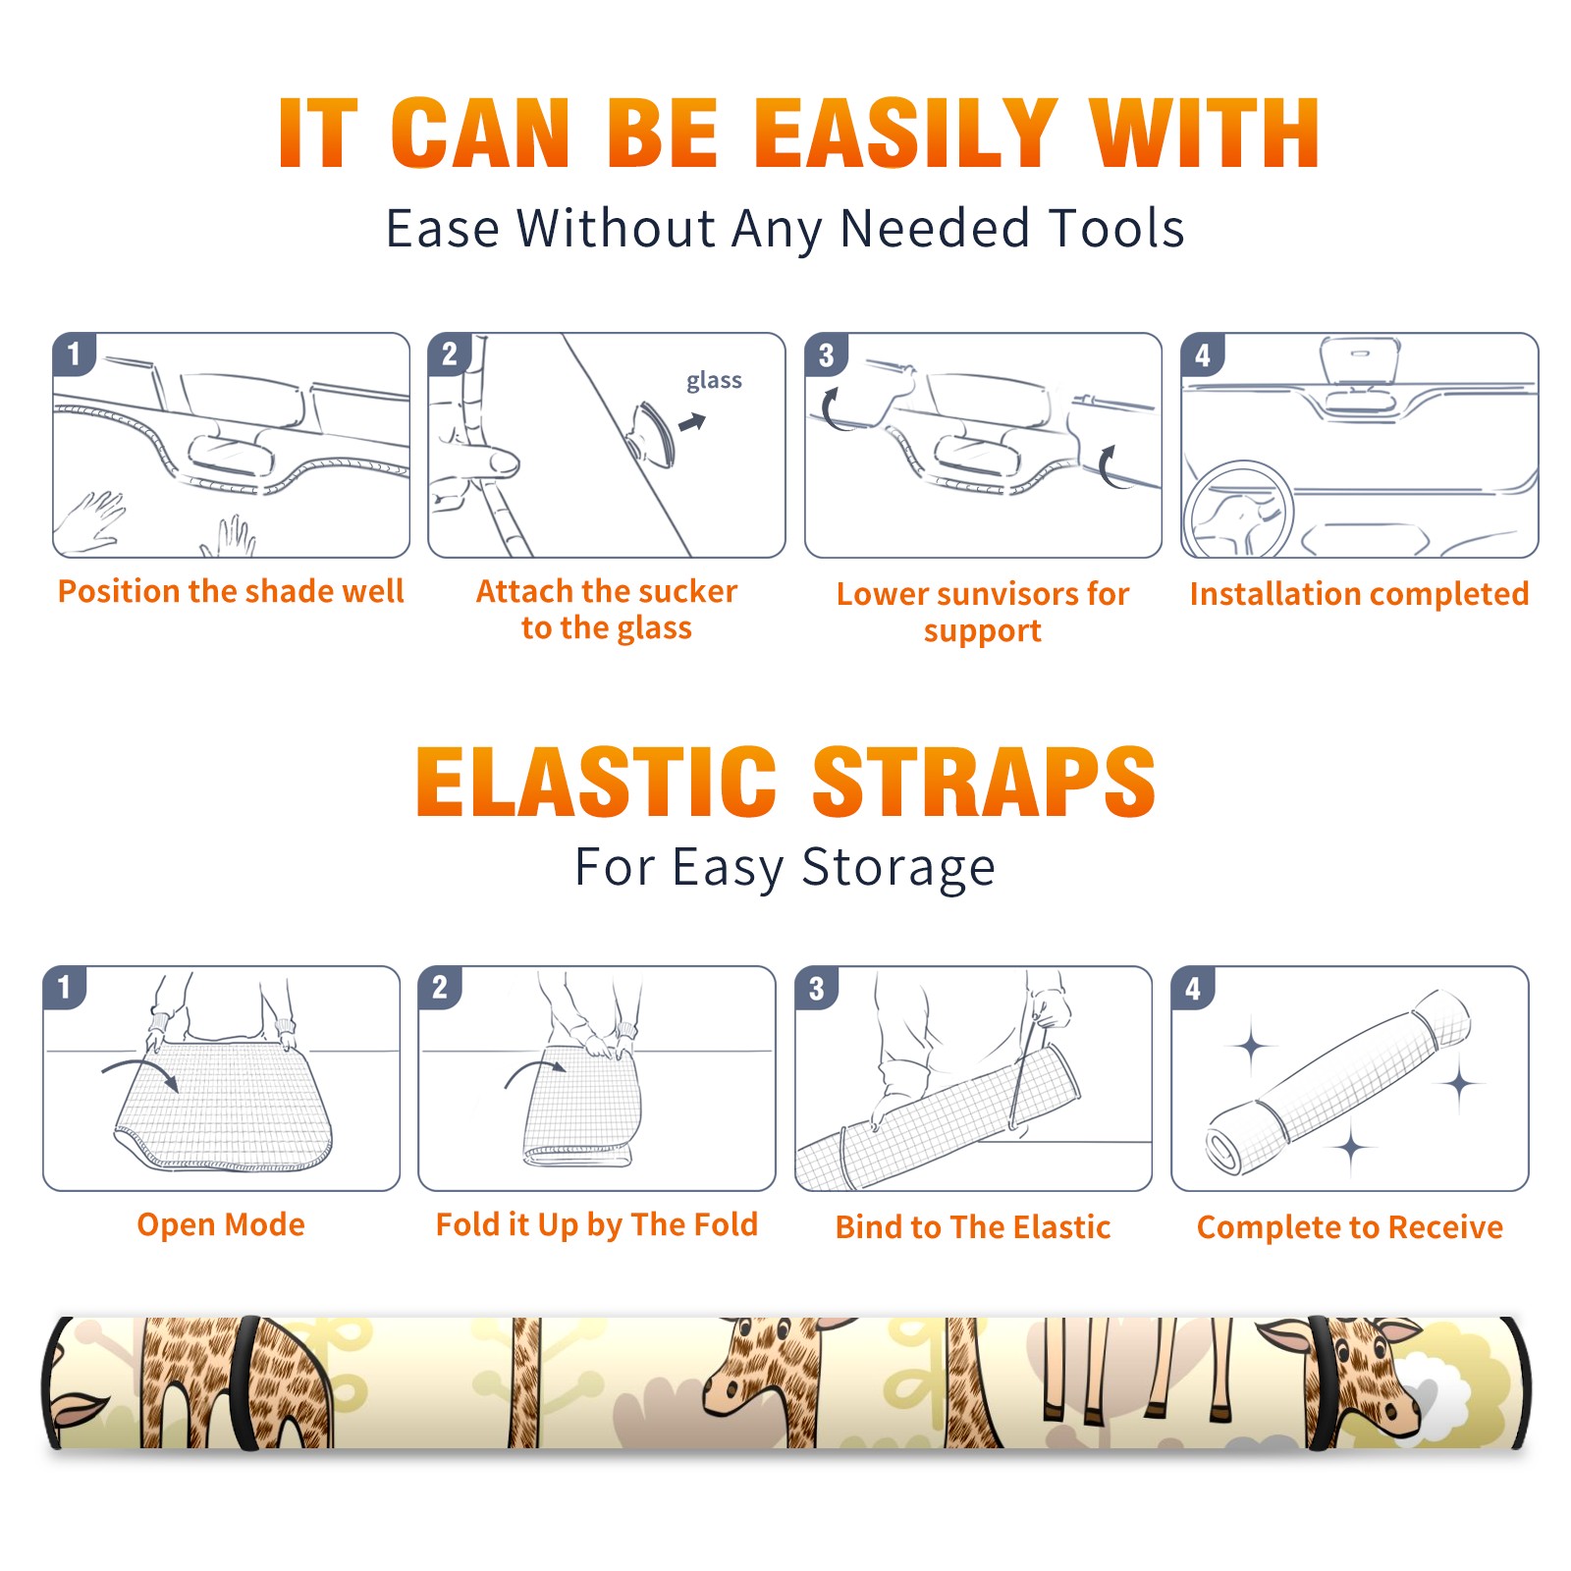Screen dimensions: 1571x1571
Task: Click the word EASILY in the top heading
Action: pos(904,134)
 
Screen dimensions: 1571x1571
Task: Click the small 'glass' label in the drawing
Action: pos(714,381)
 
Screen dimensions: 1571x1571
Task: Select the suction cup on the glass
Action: pos(652,432)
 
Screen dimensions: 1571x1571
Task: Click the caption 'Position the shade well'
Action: pos(231,591)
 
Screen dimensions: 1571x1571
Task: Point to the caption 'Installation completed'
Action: pos(1359,594)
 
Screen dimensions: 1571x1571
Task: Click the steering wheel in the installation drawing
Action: pos(1237,511)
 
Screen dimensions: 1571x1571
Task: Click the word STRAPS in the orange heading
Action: pos(985,782)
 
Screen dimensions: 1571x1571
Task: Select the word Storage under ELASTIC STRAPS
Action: pos(898,868)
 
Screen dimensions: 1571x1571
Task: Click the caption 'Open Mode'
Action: pos(221,1224)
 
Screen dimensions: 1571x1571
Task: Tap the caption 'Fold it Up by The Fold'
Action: pos(597,1224)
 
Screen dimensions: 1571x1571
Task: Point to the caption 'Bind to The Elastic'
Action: pos(973,1227)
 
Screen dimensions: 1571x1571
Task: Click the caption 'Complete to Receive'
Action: pos(1350,1227)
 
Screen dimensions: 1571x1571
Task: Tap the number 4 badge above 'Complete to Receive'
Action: pos(1193,988)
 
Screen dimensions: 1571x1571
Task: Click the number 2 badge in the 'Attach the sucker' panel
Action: pos(450,354)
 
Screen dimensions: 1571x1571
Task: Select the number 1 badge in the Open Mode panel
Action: pos(65,988)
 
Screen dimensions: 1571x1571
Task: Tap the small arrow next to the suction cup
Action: pos(693,422)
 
